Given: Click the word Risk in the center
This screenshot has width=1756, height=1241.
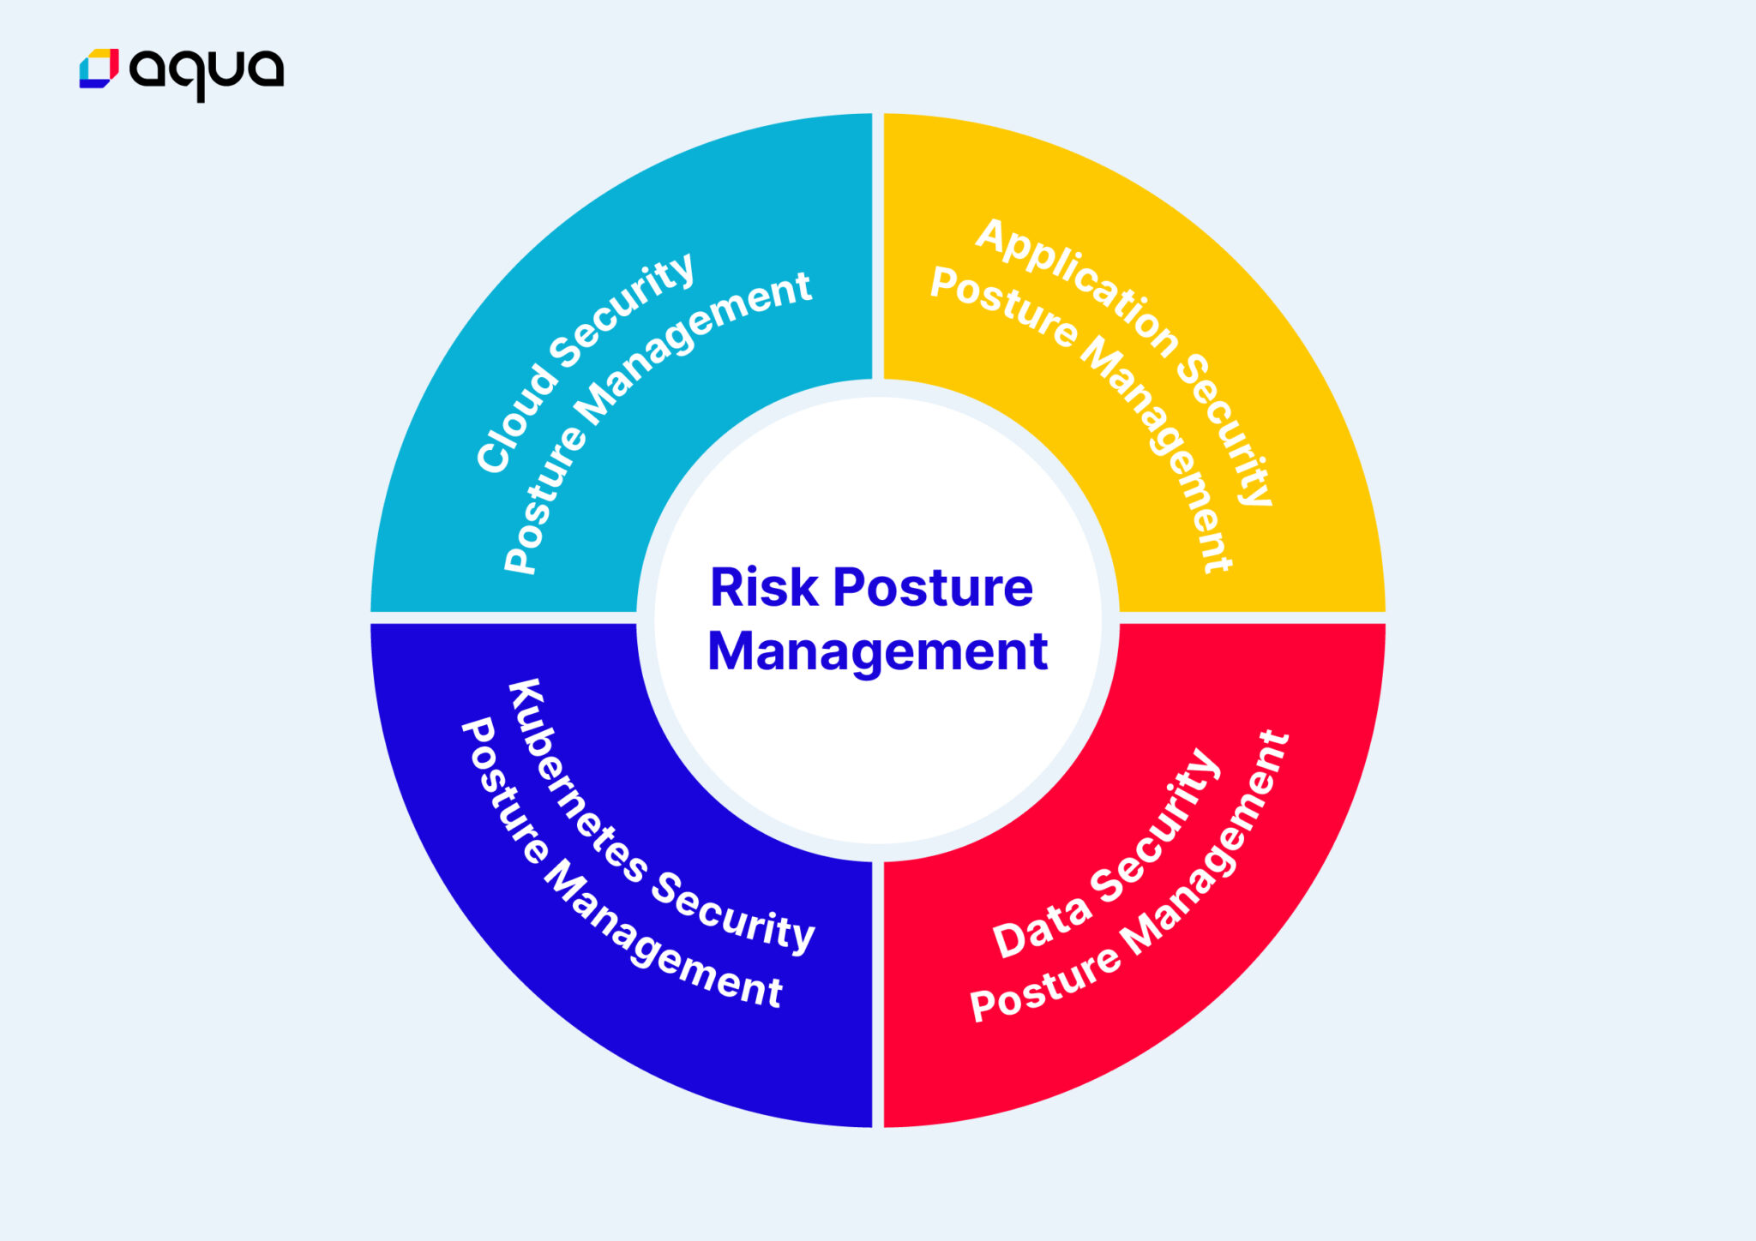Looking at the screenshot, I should pyautogui.click(x=764, y=588).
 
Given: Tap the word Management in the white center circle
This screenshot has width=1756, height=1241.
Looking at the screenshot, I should pyautogui.click(x=877, y=651).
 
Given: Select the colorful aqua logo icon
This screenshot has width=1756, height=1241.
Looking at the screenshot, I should pyautogui.click(x=99, y=69).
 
